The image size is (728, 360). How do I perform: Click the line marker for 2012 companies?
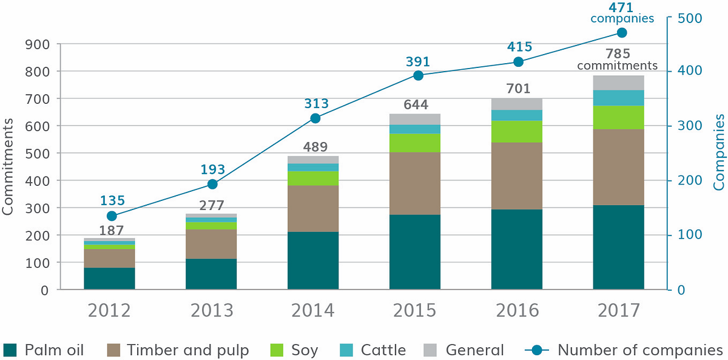click(112, 216)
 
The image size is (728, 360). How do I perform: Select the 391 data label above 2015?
click(418, 61)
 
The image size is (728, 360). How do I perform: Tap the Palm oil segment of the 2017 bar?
click(618, 247)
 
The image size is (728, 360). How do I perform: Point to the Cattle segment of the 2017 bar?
click(618, 98)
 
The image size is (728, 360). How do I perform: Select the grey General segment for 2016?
click(517, 104)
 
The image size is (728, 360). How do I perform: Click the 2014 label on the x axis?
click(313, 310)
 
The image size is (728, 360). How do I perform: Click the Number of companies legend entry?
click(640, 350)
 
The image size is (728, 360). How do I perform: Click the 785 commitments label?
click(618, 59)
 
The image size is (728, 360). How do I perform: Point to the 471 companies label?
click(622, 12)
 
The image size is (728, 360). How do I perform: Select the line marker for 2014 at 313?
click(315, 118)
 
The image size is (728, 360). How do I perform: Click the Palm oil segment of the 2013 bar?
click(211, 274)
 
